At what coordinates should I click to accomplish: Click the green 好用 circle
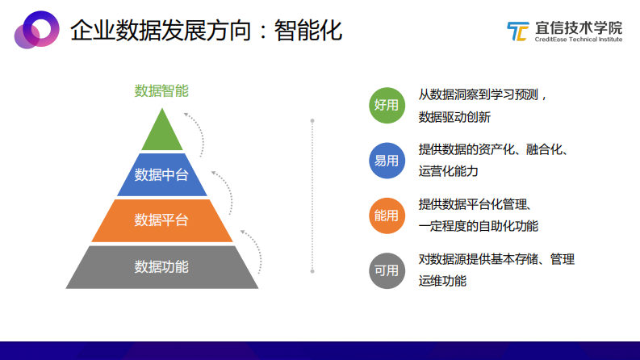pyautogui.click(x=387, y=105)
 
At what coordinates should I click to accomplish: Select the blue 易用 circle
pyautogui.click(x=387, y=160)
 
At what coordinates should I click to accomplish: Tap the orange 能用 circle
pyautogui.click(x=387, y=215)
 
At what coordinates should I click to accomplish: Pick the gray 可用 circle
pyautogui.click(x=387, y=270)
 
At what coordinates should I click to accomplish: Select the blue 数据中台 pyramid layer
pyautogui.click(x=162, y=175)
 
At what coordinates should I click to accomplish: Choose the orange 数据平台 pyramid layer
pyautogui.click(x=162, y=220)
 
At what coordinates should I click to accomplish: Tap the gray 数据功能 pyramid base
pyautogui.click(x=162, y=266)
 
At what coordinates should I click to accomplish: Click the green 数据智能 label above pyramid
pyautogui.click(x=161, y=90)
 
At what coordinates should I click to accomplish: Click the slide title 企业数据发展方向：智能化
pyautogui.click(x=206, y=31)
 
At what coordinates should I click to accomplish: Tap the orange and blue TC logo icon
pyautogui.click(x=517, y=31)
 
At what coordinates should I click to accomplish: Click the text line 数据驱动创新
pyautogui.click(x=454, y=117)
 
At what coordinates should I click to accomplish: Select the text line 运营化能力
pyautogui.click(x=448, y=171)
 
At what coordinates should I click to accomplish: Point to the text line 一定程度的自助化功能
pyautogui.click(x=478, y=226)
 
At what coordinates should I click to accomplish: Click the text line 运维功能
pyautogui.click(x=441, y=281)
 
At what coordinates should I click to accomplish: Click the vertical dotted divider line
pyautogui.click(x=312, y=195)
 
